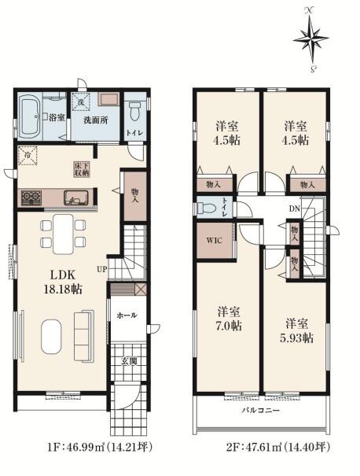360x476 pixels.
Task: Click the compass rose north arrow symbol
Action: click(311, 39)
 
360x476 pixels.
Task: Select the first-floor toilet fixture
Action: click(134, 112)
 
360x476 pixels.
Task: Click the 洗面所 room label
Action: click(96, 120)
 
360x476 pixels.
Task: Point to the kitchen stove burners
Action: click(31, 197)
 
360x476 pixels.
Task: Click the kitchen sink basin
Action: click(75, 198)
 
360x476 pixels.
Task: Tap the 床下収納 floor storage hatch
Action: click(82, 170)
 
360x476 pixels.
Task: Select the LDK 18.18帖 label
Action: click(63, 282)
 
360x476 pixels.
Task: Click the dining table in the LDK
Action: click(63, 234)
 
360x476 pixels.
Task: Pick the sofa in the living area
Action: click(84, 336)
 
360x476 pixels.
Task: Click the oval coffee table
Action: click(51, 337)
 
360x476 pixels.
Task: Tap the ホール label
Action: click(127, 315)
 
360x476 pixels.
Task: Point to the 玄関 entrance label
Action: click(129, 361)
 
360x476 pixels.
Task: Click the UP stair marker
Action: click(102, 269)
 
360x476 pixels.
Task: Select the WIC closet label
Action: click(215, 241)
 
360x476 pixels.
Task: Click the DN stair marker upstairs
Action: click(294, 208)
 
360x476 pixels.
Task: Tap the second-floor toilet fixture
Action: click(207, 208)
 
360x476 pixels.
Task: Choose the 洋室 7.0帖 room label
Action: click(230, 319)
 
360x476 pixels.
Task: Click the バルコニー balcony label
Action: click(260, 411)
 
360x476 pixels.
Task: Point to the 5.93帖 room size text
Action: click(296, 338)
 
